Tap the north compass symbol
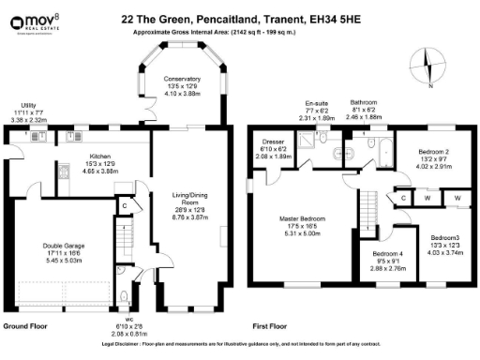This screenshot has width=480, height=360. pos(427,68)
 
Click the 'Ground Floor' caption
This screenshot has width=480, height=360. pos(26,327)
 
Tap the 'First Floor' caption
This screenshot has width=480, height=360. pos(270,327)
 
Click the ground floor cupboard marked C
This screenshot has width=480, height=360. pos(124,206)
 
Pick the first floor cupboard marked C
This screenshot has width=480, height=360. pos(402,198)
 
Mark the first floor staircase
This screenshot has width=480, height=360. pos(371,202)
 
